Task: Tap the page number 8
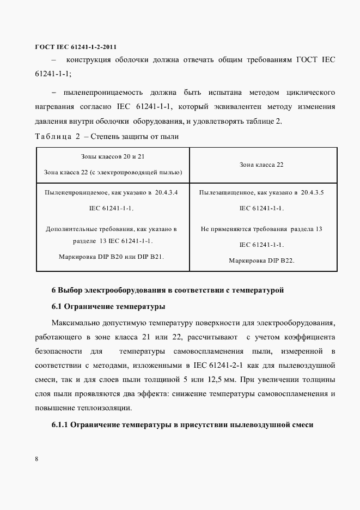36,458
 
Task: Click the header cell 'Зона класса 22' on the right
261,164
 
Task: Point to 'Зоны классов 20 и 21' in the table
112,156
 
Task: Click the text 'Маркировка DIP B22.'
261,260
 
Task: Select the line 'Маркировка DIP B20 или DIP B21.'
112,256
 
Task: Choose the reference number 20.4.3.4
170,193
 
